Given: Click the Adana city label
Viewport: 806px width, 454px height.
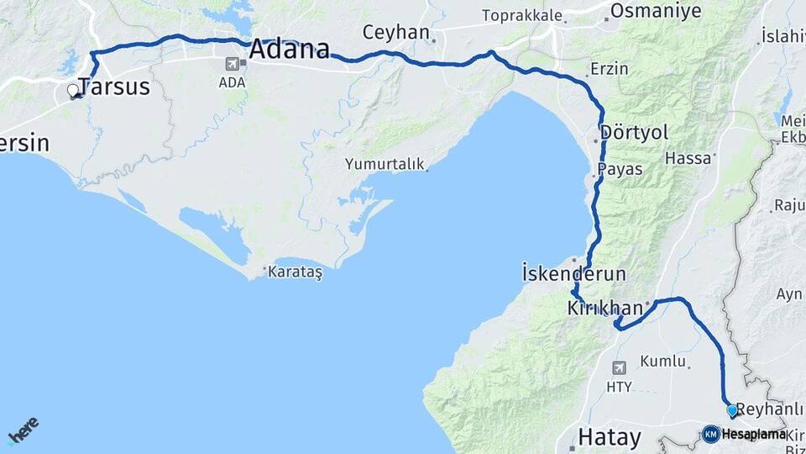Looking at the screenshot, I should click(289, 49).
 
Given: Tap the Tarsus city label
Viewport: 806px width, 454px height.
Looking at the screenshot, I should click(113, 87).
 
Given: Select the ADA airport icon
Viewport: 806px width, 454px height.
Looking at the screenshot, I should click(233, 63).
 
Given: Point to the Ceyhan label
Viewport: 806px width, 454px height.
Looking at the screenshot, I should click(395, 33).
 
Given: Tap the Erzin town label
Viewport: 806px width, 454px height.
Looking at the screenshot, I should click(609, 69).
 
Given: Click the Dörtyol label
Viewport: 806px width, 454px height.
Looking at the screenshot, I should click(635, 133).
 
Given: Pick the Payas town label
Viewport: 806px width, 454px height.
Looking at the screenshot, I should click(620, 169).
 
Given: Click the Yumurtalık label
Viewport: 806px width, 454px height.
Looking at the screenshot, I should click(385, 165).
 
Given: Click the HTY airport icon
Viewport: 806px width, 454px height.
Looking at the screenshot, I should click(619, 367).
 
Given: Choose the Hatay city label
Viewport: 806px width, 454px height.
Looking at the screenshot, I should click(610, 437).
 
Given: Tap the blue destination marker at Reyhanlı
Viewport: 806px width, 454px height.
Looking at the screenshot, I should click(732, 410).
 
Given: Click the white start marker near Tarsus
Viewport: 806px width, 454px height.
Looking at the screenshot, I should click(73, 89).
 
